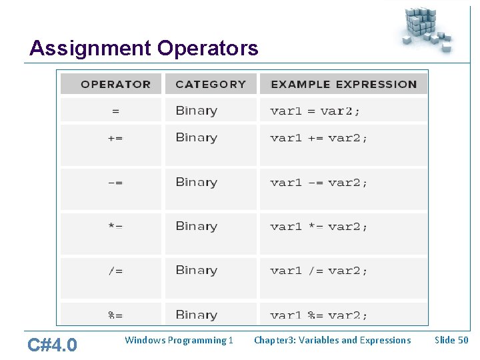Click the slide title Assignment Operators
point(144,49)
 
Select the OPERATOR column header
point(115,84)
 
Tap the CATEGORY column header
point(211,84)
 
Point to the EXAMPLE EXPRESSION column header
point(343,84)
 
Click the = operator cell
point(115,111)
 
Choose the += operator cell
point(115,139)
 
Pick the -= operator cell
point(115,183)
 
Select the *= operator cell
point(115,227)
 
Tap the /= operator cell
point(115,271)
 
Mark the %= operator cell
point(115,315)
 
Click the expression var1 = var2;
point(315,111)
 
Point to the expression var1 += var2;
point(319,139)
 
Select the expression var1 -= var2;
point(319,183)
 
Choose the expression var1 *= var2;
point(319,227)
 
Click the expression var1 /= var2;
point(319,271)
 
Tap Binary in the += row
point(196,138)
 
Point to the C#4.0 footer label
point(52,345)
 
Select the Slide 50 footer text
point(451,340)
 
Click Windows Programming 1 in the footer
point(179,340)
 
